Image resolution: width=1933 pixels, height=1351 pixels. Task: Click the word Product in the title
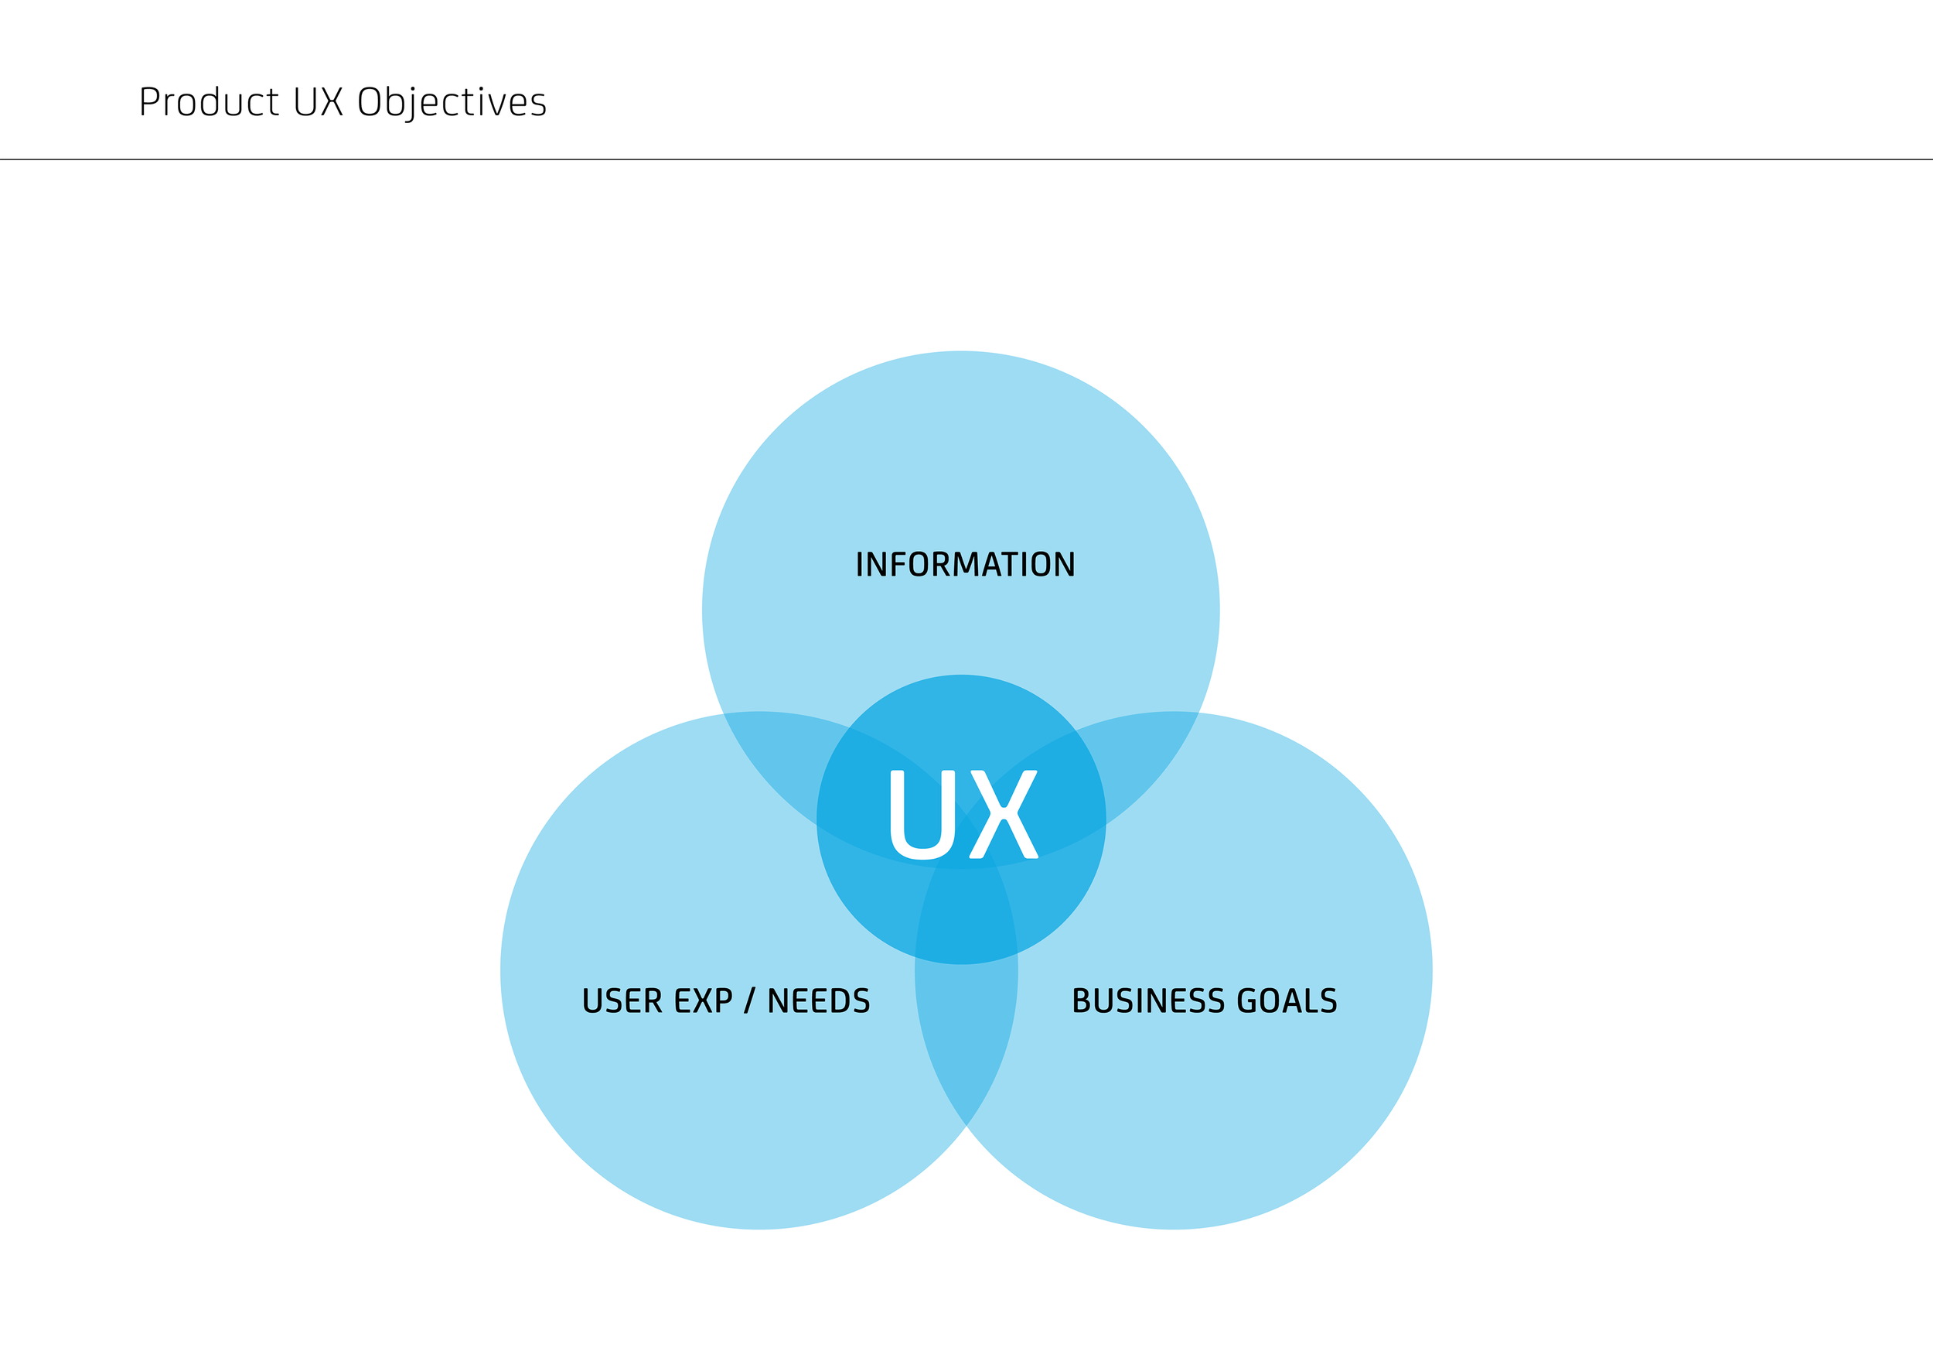[x=209, y=103]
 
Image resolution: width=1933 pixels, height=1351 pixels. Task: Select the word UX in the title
[x=319, y=103]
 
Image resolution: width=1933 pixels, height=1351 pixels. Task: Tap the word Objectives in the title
[x=452, y=103]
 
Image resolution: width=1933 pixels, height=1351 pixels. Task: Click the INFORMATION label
[x=965, y=564]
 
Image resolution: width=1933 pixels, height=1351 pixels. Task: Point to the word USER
[x=622, y=1000]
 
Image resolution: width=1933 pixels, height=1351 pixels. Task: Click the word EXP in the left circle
[x=703, y=1000]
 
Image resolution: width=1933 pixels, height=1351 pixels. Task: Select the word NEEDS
[x=818, y=1000]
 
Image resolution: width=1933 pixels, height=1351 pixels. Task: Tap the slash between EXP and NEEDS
[x=748, y=1000]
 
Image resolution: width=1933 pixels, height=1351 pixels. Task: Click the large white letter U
[x=922, y=815]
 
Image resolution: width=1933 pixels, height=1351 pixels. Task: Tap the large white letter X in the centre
[x=1004, y=815]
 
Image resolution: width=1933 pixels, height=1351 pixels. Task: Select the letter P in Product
[x=149, y=103]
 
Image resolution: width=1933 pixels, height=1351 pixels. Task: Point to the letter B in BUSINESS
[x=1082, y=1000]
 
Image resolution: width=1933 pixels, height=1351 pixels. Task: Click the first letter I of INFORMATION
[x=860, y=564]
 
